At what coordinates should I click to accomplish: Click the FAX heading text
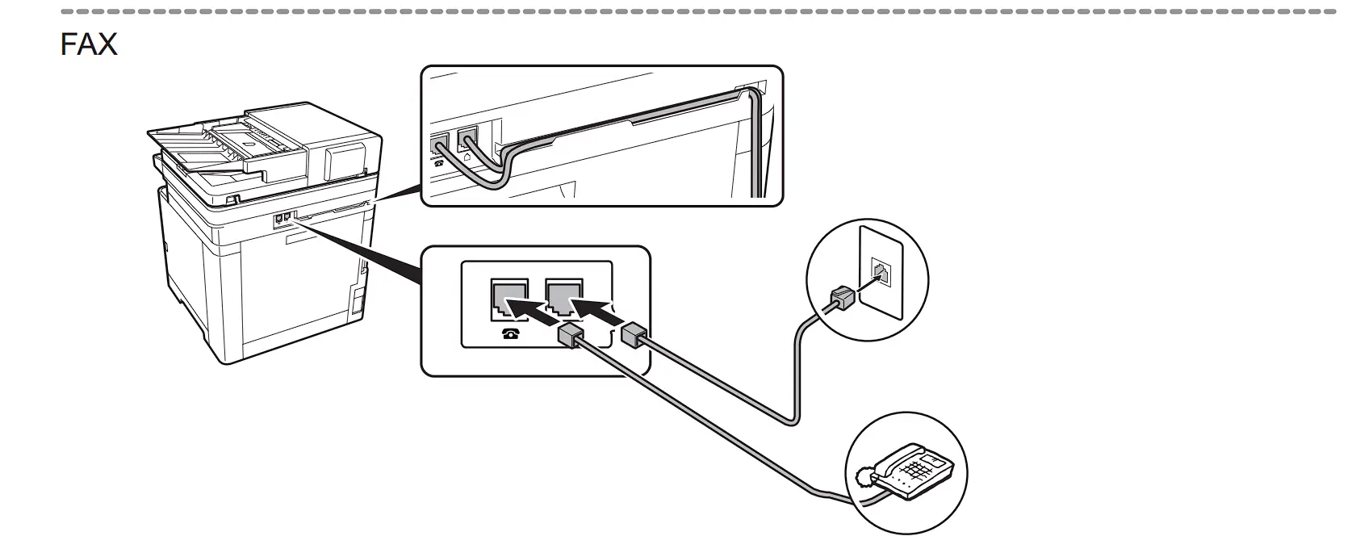tap(88, 44)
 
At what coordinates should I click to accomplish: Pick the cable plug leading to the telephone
tap(569, 335)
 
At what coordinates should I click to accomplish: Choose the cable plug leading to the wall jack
tap(634, 335)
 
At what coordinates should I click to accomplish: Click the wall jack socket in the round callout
tap(880, 271)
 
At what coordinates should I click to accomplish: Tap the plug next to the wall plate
tap(840, 298)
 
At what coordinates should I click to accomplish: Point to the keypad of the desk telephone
tap(922, 467)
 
